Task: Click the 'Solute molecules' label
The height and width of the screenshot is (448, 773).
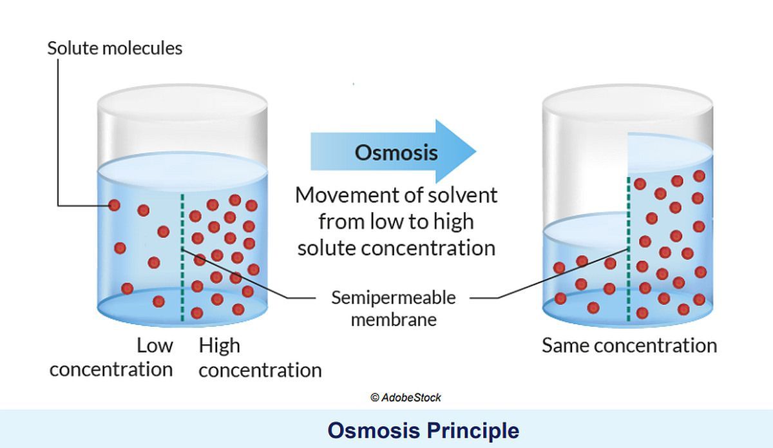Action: point(115,48)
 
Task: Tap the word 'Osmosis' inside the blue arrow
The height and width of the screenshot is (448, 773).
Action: point(396,153)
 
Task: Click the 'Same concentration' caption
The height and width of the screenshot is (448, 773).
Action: point(629,346)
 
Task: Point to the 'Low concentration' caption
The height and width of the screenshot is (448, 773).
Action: point(111,357)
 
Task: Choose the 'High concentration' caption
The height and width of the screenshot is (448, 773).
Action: point(260,358)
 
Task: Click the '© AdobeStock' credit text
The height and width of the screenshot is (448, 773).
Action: point(406,398)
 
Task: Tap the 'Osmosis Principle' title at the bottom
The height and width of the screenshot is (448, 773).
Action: point(423,430)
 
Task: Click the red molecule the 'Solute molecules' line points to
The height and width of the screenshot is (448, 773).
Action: point(114,206)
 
